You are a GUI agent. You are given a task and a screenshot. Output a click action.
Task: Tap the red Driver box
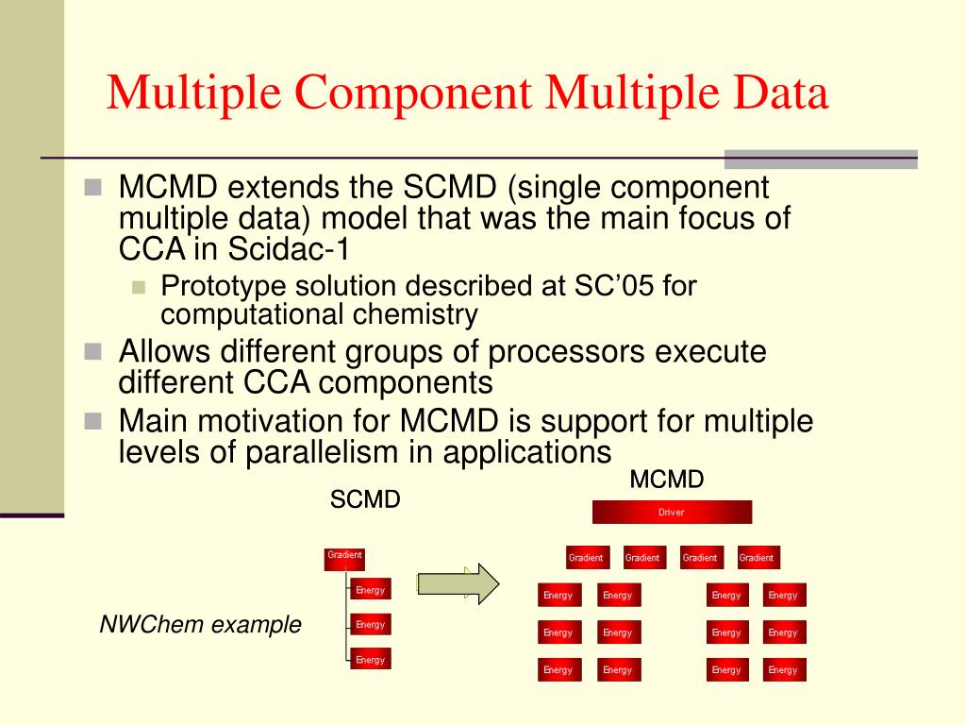click(672, 512)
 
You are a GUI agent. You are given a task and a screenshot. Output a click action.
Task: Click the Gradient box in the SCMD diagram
click(344, 559)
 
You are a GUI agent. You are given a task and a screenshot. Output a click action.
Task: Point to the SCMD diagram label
click(365, 499)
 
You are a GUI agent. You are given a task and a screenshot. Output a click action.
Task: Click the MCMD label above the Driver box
click(667, 480)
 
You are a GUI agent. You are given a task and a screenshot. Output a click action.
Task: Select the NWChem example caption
click(201, 624)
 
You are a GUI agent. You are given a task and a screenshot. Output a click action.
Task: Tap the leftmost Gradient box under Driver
click(587, 558)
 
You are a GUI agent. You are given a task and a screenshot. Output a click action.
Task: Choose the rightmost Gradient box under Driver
click(758, 558)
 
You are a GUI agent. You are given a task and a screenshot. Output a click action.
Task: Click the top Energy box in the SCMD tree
click(370, 590)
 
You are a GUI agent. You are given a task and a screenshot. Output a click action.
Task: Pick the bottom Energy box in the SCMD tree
click(370, 660)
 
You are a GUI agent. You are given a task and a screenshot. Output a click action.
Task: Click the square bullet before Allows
click(92, 351)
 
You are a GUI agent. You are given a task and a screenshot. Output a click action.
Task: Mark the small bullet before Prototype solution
click(140, 286)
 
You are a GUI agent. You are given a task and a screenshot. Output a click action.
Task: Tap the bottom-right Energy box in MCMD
click(783, 669)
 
